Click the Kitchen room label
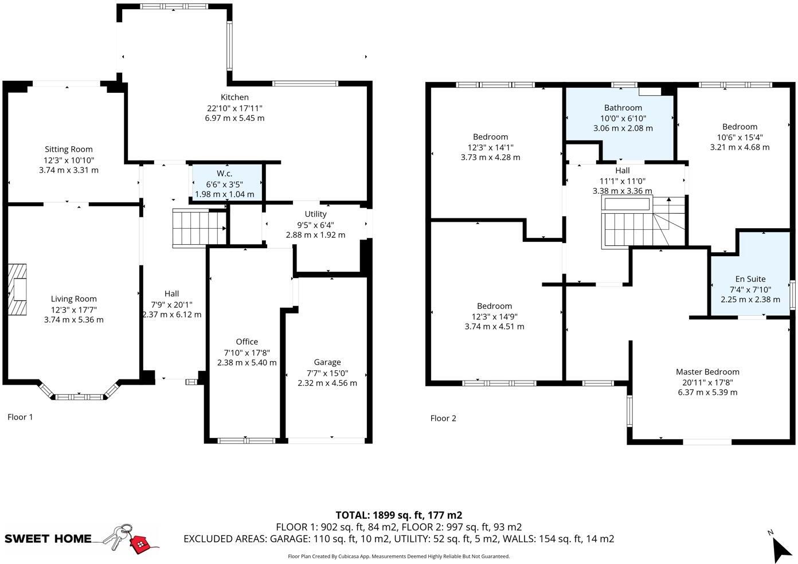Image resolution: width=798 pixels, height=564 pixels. [x=235, y=97]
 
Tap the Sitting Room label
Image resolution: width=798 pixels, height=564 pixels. [x=69, y=150]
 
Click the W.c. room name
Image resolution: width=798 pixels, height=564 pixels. [x=224, y=174]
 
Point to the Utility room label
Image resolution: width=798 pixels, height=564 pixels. [x=315, y=214]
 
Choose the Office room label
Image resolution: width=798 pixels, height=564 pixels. [x=247, y=342]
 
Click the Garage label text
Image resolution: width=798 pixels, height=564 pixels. [x=327, y=362]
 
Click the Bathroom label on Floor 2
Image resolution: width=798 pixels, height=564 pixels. [x=623, y=108]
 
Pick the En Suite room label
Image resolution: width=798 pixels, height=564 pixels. [x=750, y=279]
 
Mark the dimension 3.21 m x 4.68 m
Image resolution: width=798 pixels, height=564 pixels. [x=740, y=147]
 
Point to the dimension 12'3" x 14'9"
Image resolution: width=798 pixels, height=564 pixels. [x=494, y=316]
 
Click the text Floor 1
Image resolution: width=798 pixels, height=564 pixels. [x=20, y=417]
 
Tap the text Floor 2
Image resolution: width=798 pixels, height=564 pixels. [x=443, y=418]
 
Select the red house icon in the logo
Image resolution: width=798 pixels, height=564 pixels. [x=139, y=543]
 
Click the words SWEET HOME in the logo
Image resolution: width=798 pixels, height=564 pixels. [x=48, y=539]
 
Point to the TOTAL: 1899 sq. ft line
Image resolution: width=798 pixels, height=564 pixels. [x=398, y=515]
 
